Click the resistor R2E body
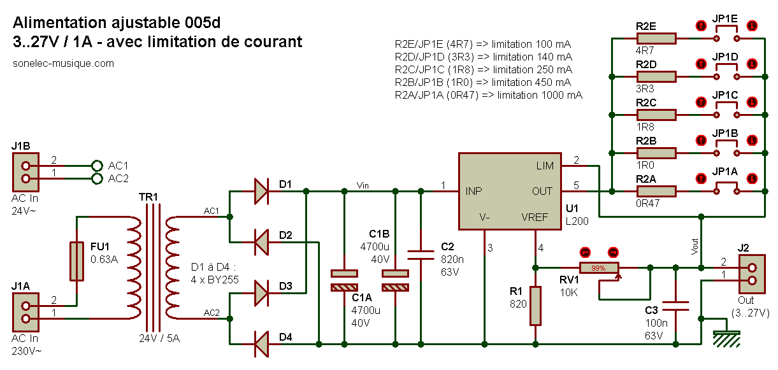656,39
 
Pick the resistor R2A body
656,191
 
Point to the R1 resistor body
535,306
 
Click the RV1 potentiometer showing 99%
599,268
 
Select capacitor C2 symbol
421,255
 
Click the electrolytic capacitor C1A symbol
344,280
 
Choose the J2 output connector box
751,274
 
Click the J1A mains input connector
26,312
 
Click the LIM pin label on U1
545,166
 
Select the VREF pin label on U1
534,217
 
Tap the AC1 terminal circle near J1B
97,165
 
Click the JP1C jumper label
725,96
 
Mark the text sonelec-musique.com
63,63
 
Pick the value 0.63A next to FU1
104,259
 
